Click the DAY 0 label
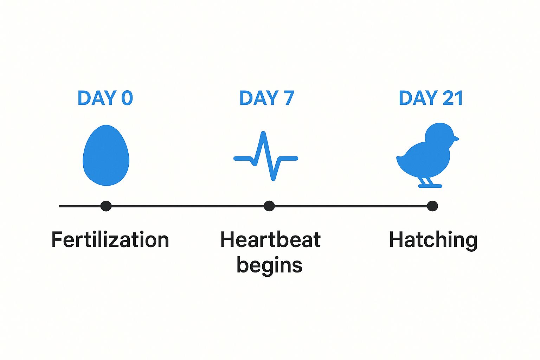click(105, 98)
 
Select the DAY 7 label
click(266, 98)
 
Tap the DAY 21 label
click(431, 98)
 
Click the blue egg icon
click(106, 155)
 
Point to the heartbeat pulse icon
click(266, 157)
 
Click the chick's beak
click(455, 138)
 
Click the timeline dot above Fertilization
click(106, 206)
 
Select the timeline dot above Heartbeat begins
click(269, 206)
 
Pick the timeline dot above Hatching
click(432, 206)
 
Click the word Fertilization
click(110, 240)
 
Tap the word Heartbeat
click(270, 240)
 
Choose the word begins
click(269, 265)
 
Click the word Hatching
click(433, 240)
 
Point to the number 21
click(452, 98)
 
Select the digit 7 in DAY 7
click(289, 98)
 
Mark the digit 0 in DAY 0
click(127, 98)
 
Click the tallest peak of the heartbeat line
click(263, 133)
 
